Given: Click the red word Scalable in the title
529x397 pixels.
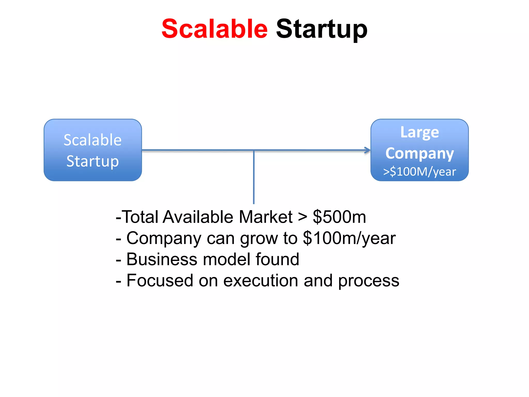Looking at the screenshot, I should tap(214, 29).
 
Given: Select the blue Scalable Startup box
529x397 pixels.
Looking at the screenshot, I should tap(93, 150).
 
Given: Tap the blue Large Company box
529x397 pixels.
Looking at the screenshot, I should tap(419, 150).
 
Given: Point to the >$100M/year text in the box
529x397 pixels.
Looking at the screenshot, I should tap(419, 172).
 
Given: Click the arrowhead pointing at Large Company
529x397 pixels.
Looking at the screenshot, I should tap(367, 150).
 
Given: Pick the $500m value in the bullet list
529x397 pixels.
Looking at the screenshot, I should tap(339, 217).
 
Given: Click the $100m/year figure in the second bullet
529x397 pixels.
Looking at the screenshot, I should tap(349, 238).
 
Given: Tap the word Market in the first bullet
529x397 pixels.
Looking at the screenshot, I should tap(266, 217).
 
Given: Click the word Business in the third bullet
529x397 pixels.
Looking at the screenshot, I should tap(162, 259).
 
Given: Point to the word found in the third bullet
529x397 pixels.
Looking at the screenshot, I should tap(277, 259).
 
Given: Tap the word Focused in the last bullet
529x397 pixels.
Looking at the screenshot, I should tap(160, 281).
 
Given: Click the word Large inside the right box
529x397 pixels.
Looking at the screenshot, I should tap(419, 133).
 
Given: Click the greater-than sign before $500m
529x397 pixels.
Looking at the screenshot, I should tap(302, 217).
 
